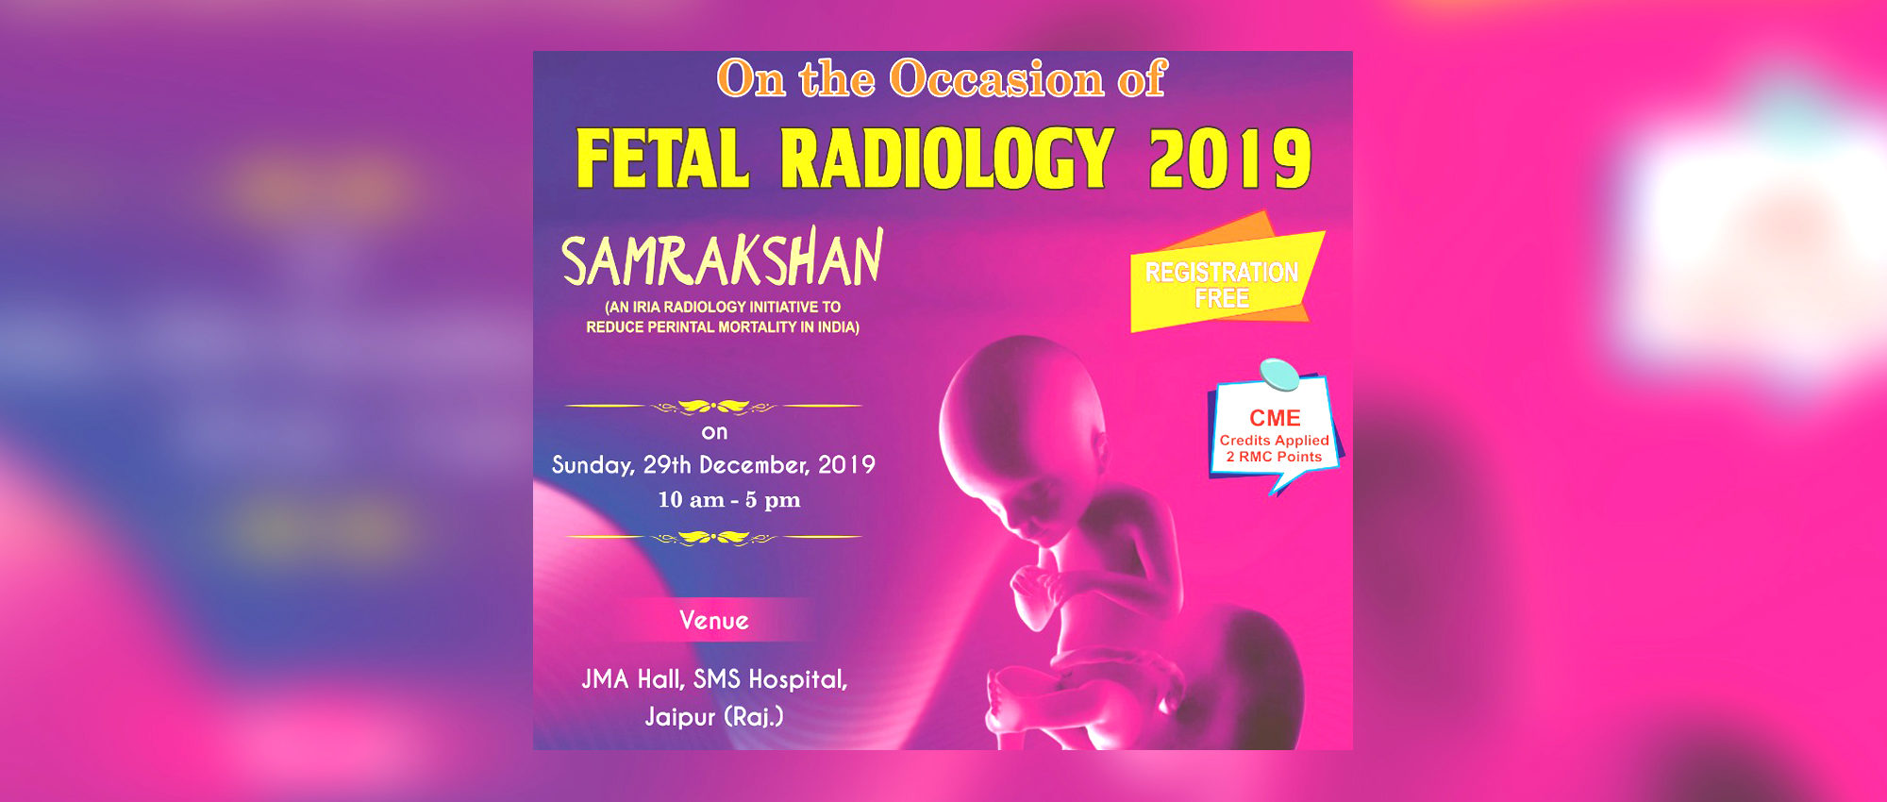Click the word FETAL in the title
(x=662, y=159)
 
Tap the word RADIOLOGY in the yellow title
(x=947, y=159)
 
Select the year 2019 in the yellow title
(x=1230, y=159)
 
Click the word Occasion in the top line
(x=996, y=78)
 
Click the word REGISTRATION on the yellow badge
(x=1222, y=273)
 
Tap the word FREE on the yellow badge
(x=1222, y=299)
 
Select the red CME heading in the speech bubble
(x=1275, y=418)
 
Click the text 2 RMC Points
(x=1274, y=457)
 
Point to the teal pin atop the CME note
(x=1280, y=375)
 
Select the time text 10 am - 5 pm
(x=728, y=500)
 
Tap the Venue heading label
(x=714, y=621)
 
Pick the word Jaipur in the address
(x=679, y=717)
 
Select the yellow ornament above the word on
(x=713, y=407)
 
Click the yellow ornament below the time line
(x=713, y=538)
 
